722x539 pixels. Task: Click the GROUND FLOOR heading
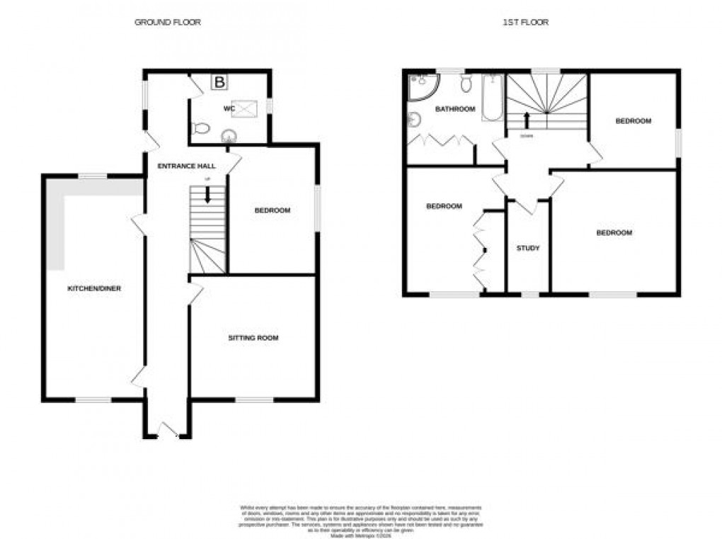pyautogui.click(x=168, y=22)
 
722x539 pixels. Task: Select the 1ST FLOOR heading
pyautogui.click(x=525, y=22)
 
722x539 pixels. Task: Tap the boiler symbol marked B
pyautogui.click(x=219, y=83)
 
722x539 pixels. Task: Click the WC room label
pyautogui.click(x=229, y=108)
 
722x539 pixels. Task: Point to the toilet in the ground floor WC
pyautogui.click(x=200, y=128)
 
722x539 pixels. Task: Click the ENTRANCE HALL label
pyautogui.click(x=187, y=166)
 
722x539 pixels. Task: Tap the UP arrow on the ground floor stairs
pyautogui.click(x=207, y=195)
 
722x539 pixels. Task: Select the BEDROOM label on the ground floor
pyautogui.click(x=272, y=210)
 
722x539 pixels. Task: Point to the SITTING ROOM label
pyautogui.click(x=253, y=338)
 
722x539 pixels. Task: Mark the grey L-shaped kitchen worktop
pyautogui.click(x=57, y=220)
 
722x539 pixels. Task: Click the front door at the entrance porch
pyautogui.click(x=168, y=431)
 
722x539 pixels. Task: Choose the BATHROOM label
pyautogui.click(x=454, y=109)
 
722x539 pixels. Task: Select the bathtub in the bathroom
pyautogui.click(x=492, y=98)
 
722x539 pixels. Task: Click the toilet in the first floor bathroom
pyautogui.click(x=466, y=84)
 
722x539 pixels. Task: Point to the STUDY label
pyautogui.click(x=528, y=248)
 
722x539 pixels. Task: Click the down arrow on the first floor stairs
pyautogui.click(x=526, y=119)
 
